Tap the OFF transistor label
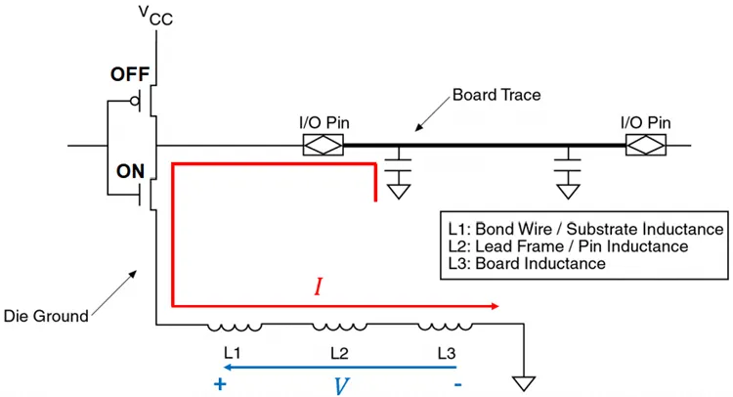coord(129,74)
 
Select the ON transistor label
coord(130,170)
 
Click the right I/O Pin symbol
coord(645,147)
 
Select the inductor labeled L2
coord(339,327)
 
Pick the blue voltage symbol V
coord(340,384)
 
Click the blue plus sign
coord(219,383)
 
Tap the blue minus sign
coord(457,383)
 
